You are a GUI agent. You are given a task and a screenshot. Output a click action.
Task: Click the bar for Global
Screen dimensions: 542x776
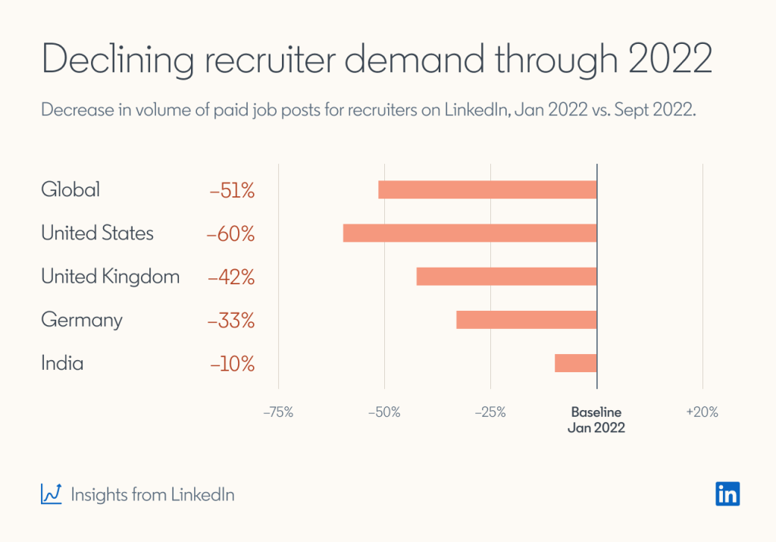pyautogui.click(x=487, y=190)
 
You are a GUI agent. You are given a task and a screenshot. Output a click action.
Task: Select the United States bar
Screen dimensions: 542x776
pyautogui.click(x=470, y=233)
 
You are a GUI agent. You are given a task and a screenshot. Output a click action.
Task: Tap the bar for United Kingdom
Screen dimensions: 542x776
pyautogui.click(x=506, y=277)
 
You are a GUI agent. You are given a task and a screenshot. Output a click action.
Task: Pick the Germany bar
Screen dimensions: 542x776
pyautogui.click(x=526, y=320)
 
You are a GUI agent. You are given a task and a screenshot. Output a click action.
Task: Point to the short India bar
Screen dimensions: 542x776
pyautogui.click(x=575, y=363)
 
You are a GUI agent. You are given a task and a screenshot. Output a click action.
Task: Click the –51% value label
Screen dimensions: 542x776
pyautogui.click(x=232, y=190)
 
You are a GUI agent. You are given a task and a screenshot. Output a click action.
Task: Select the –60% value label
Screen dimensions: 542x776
pyautogui.click(x=230, y=233)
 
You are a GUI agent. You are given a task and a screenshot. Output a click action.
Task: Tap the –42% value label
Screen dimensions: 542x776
pyautogui.click(x=231, y=277)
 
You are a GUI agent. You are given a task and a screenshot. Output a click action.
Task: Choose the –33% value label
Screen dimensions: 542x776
pyautogui.click(x=231, y=321)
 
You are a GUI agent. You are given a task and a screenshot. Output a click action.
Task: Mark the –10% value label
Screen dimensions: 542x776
pyautogui.click(x=232, y=364)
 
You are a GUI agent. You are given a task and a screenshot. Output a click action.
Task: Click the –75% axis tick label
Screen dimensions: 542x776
pyautogui.click(x=277, y=413)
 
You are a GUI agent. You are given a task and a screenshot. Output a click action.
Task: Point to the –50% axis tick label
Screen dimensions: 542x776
pyautogui.click(x=384, y=413)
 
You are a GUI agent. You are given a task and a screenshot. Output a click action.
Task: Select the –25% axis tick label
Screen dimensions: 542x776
pyautogui.click(x=490, y=413)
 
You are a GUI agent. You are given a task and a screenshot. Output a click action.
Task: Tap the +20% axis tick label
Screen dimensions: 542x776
pyautogui.click(x=702, y=413)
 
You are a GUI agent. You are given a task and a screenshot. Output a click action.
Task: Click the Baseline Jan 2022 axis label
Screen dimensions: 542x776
pyautogui.click(x=596, y=420)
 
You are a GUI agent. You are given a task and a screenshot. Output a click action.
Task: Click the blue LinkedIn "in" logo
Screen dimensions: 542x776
pyautogui.click(x=727, y=493)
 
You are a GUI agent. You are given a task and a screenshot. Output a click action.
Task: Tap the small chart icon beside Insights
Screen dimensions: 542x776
pyautogui.click(x=52, y=494)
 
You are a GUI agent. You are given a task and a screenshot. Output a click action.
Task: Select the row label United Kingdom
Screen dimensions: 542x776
pyautogui.click(x=111, y=277)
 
